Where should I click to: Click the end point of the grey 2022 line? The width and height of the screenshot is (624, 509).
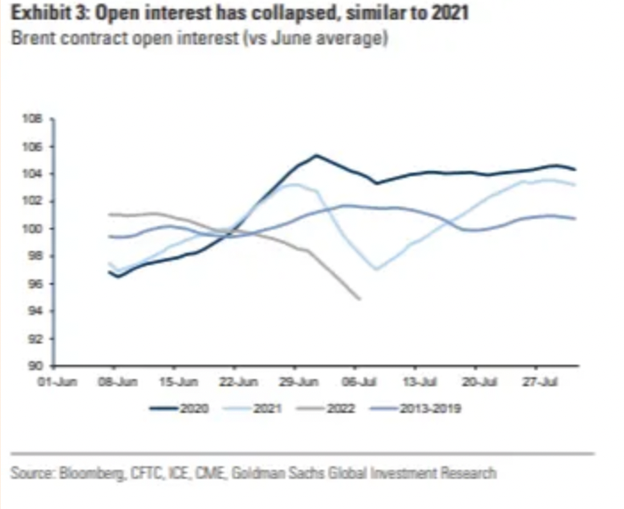pos(359,299)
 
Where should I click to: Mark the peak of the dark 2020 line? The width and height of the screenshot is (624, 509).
pos(316,155)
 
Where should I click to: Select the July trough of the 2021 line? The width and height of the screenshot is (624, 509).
pos(377,269)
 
